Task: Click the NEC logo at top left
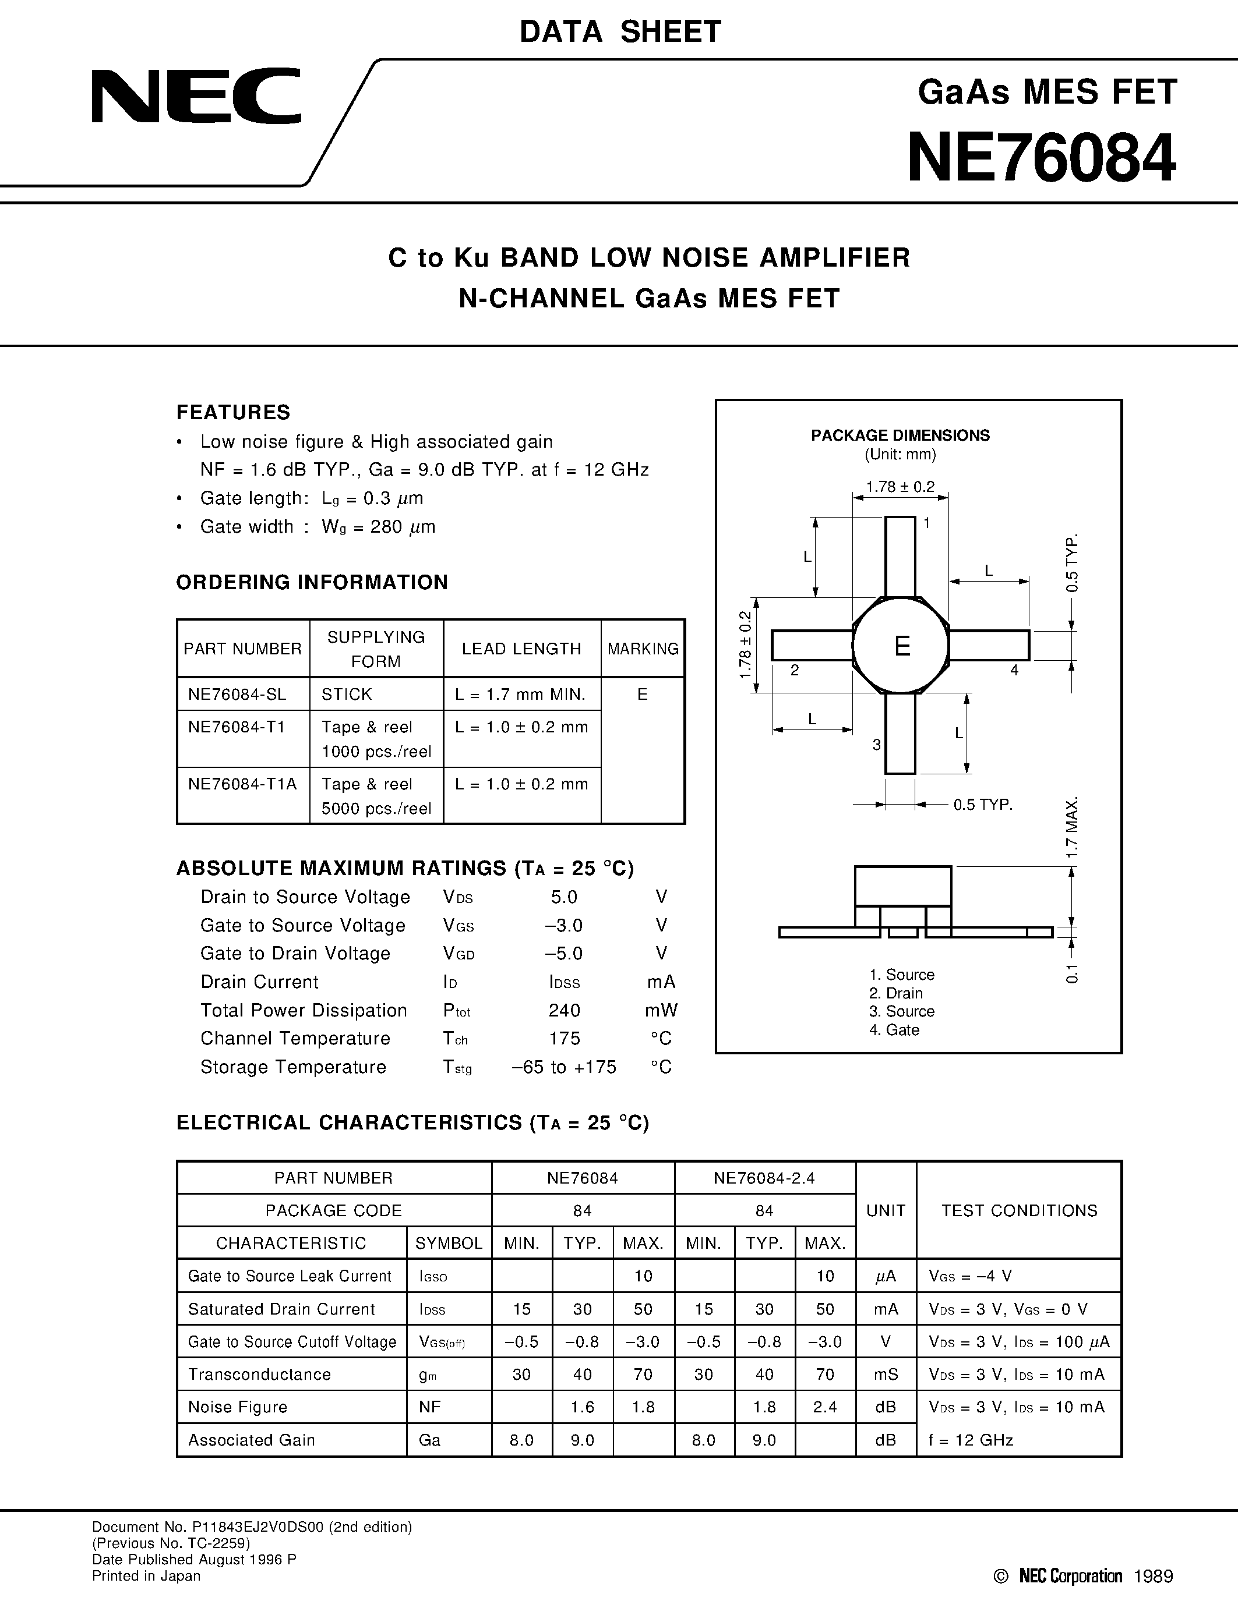point(196,96)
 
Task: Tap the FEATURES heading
point(233,413)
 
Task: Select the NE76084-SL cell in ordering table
point(237,694)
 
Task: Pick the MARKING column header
point(643,649)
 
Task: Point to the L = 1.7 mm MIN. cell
point(520,694)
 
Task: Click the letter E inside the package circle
point(902,646)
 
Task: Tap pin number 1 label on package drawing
point(927,523)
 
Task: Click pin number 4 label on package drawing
point(1014,670)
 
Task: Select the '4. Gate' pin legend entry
point(894,1030)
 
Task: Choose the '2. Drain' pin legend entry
point(895,993)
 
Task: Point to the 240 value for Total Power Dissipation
point(564,1010)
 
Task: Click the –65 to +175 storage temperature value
point(563,1067)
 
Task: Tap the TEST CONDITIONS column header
point(1019,1210)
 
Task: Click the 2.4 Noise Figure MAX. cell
point(825,1407)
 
